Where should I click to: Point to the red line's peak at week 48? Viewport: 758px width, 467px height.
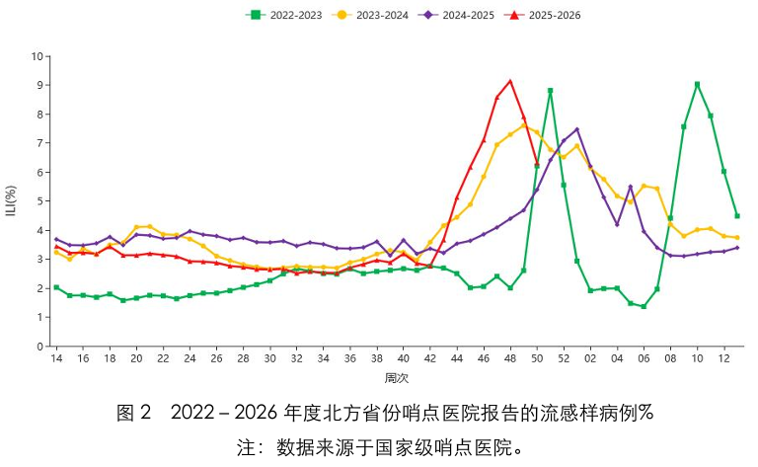pos(510,81)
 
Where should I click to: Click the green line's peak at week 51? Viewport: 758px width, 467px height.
pos(550,91)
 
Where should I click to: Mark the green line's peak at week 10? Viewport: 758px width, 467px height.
pos(697,85)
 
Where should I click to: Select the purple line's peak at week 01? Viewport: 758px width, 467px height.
pos(576,129)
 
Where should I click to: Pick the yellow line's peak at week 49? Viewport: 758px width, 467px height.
pos(523,125)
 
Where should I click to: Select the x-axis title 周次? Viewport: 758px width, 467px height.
pos(397,378)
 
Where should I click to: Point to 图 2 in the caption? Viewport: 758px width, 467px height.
pos(134,413)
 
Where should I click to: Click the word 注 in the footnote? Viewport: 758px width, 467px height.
pos(245,447)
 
